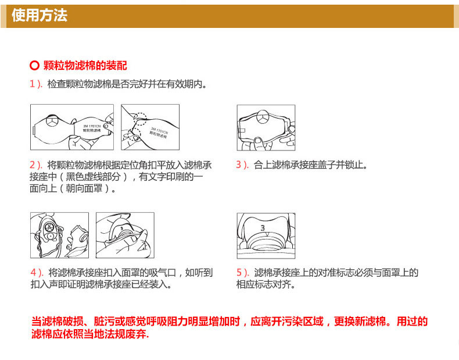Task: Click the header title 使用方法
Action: pos(40,15)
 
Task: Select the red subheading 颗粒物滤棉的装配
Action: pos(85,65)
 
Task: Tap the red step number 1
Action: pos(33,84)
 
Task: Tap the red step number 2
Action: pos(33,165)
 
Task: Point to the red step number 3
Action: pos(239,165)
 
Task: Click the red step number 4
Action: pos(33,273)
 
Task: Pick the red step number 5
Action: pos(239,273)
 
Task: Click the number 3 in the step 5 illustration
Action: pos(263,227)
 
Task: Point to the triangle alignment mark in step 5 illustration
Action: pos(267,234)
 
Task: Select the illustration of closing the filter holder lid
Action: pos(266,128)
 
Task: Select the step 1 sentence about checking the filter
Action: pos(127,84)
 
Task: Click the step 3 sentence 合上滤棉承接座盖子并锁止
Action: pos(310,165)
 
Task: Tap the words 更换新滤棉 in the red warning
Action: pos(360,322)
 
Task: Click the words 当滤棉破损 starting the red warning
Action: pos(58,322)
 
